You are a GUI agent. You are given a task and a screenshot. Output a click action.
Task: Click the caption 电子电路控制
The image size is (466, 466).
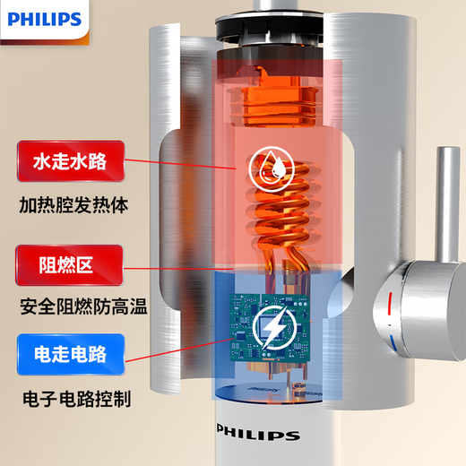click(x=74, y=394)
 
